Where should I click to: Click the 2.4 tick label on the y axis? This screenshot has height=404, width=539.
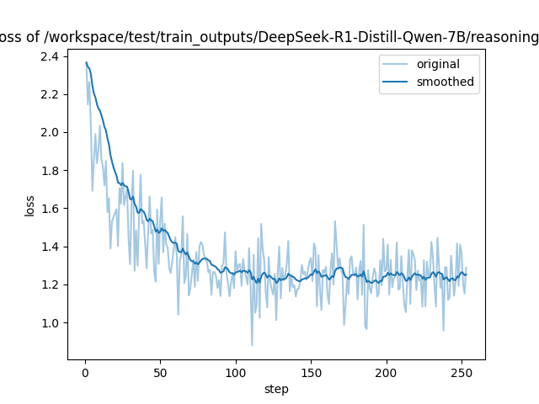point(50,56)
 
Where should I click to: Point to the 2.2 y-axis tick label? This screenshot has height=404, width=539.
point(50,94)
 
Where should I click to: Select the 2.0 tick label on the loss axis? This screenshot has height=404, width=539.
point(50,133)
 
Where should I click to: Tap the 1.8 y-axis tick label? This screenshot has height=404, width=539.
point(50,171)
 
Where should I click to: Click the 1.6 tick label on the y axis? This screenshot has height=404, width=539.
point(50,209)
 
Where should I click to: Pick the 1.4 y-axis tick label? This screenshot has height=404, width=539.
point(50,247)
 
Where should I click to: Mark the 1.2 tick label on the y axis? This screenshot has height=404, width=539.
point(50,285)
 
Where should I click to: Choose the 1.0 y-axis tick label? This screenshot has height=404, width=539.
point(50,323)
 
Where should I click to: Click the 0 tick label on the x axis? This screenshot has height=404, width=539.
point(86,373)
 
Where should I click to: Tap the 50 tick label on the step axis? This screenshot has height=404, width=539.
point(161,373)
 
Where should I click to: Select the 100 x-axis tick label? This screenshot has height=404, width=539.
point(236,373)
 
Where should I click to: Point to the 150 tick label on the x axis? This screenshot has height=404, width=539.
point(311,373)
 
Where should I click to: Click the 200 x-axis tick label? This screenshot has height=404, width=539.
point(387,373)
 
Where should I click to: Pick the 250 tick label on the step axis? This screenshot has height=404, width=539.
point(462,373)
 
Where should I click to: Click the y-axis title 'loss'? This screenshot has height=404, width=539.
point(29,205)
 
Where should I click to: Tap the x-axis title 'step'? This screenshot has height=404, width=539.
point(276,389)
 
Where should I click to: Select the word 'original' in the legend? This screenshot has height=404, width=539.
point(438,64)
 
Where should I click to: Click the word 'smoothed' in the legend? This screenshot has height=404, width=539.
point(446,82)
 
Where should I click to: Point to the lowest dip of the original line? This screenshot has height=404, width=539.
point(252,345)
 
